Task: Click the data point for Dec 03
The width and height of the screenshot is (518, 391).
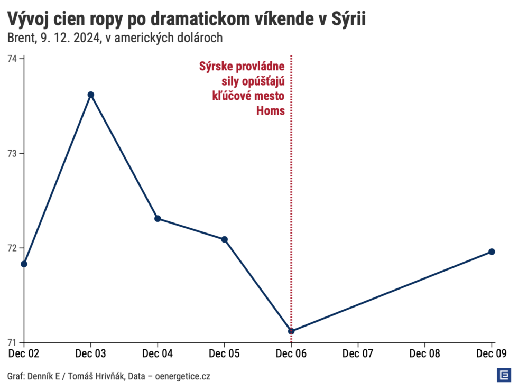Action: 90,95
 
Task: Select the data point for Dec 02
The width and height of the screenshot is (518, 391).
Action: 24,264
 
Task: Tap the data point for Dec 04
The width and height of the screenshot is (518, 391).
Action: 158,219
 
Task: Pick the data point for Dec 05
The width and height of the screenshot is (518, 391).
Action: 225,239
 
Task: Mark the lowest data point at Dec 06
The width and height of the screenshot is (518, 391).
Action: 291,331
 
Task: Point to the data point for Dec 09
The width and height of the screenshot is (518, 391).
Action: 492,252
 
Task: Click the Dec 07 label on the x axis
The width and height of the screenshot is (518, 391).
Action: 358,353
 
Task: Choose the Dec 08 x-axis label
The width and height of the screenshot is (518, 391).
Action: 425,353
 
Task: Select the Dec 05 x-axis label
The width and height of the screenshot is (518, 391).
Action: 225,353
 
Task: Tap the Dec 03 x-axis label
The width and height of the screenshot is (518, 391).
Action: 90,353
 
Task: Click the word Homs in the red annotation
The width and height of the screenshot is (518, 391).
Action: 271,111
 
